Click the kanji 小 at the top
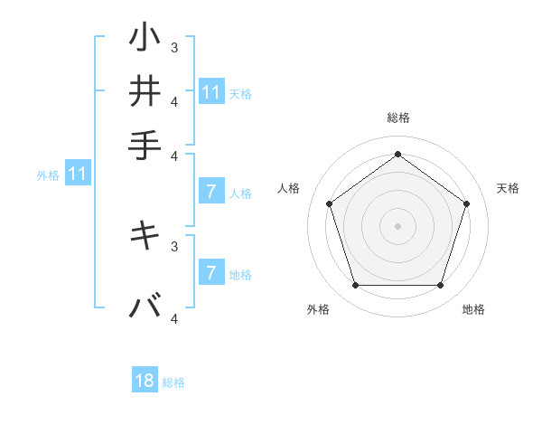point(145,38)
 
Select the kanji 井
point(145,91)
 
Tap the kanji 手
point(145,145)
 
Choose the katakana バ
point(145,307)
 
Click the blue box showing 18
point(145,381)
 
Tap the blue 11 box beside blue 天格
point(211,92)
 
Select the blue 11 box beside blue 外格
point(77,174)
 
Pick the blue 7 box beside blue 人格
point(211,192)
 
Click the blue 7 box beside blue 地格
point(211,273)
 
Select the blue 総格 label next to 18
point(173,382)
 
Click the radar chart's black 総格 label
point(397,118)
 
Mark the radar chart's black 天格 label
point(508,188)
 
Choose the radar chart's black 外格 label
point(318,309)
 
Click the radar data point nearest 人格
point(329,203)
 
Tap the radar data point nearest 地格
point(440,285)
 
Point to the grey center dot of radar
point(397,225)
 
